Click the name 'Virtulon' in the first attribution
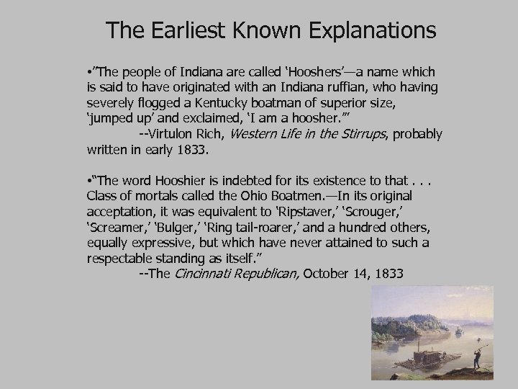[x=170, y=135]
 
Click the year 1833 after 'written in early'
[x=193, y=151]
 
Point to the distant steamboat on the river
[x=458, y=331]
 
